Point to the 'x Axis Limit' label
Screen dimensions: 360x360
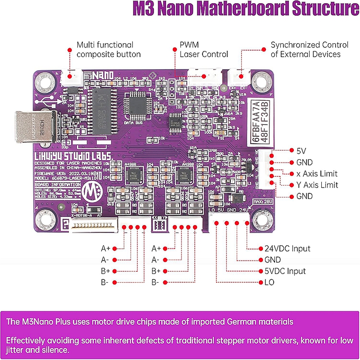[316, 174]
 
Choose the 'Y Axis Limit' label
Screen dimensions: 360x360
[317, 185]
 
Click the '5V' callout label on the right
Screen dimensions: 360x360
[301, 151]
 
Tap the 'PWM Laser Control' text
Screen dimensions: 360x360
[204, 49]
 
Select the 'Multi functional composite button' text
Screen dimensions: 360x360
[108, 49]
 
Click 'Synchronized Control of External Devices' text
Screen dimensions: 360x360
[310, 49]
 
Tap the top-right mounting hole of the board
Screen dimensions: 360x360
[259, 81]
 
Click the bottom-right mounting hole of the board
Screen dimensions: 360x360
[259, 220]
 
